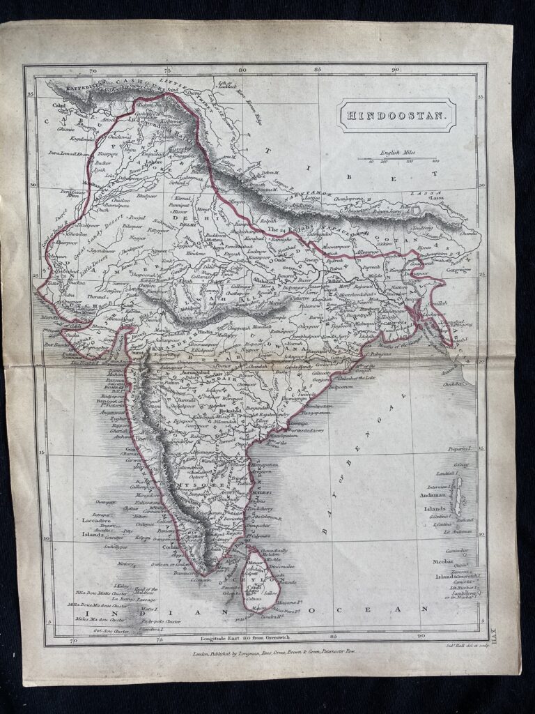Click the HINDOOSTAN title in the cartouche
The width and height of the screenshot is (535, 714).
(x=397, y=114)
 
